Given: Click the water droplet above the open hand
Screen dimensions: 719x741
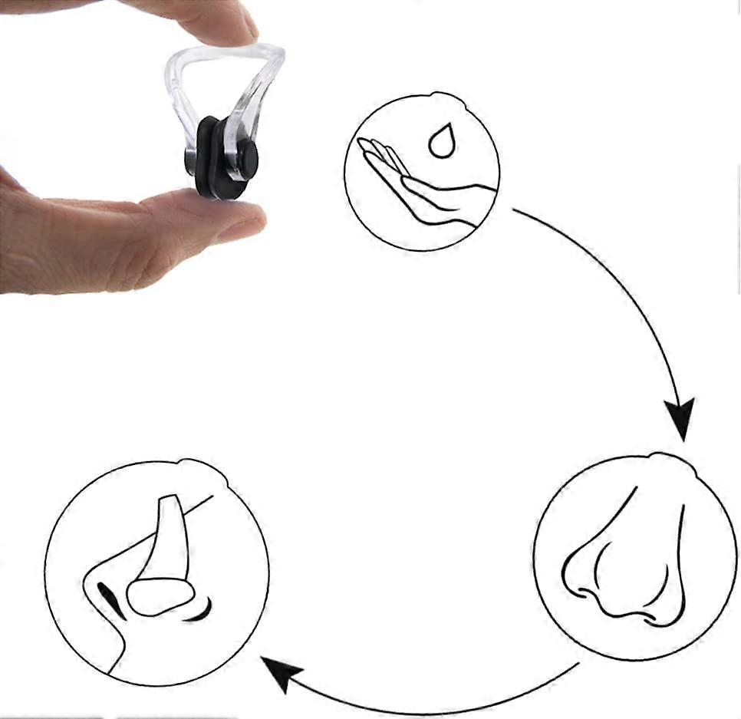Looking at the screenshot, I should [x=440, y=143].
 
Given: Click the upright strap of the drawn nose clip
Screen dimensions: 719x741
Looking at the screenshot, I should [x=165, y=537].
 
